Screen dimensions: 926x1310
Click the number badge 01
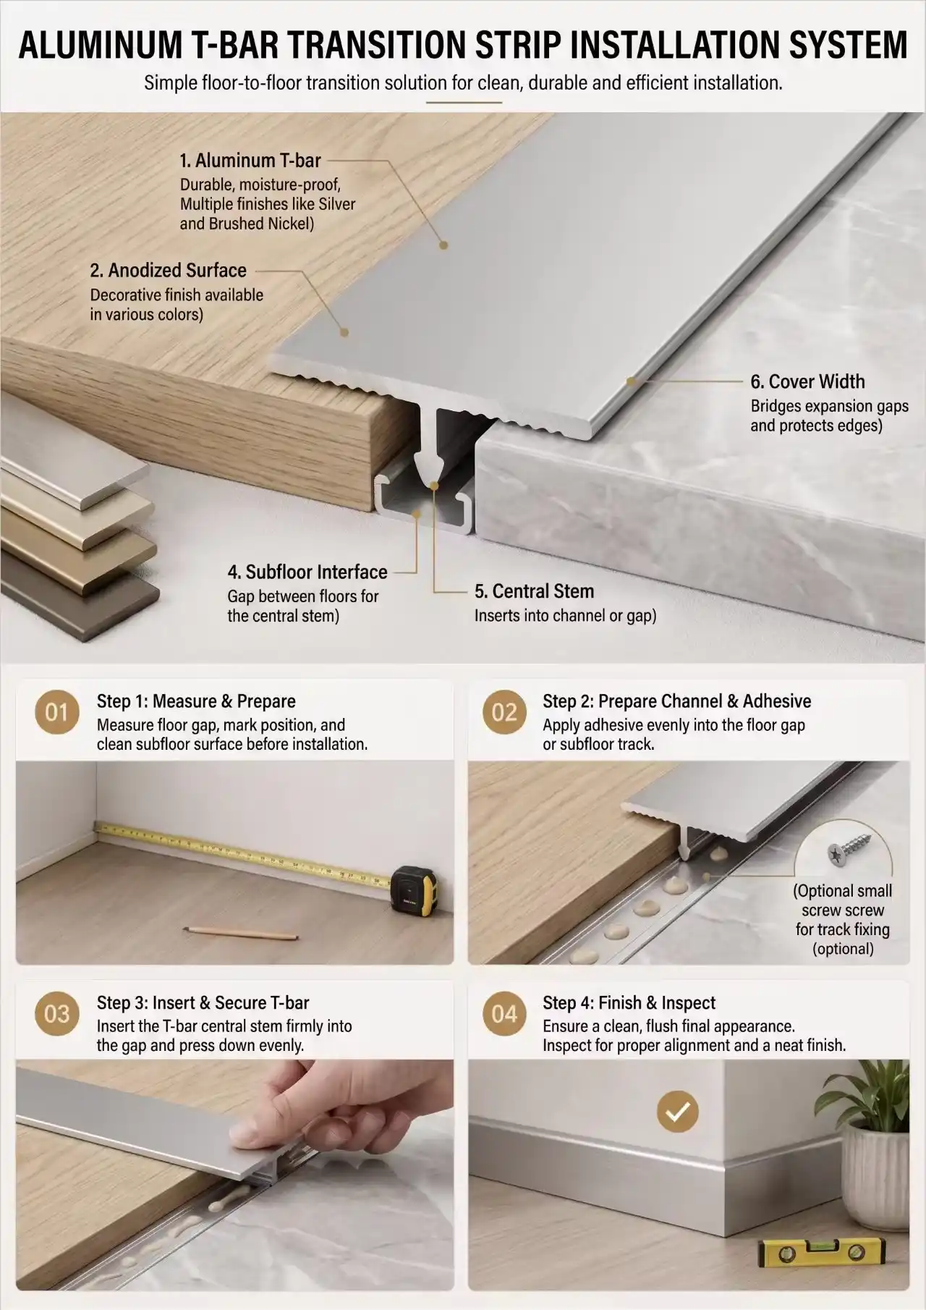(56, 712)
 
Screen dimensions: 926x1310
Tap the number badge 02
(504, 712)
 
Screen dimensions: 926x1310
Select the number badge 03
(56, 1014)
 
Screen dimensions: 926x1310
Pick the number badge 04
(504, 1014)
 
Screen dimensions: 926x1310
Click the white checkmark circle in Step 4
(677, 1111)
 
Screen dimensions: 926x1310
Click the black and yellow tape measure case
(414, 887)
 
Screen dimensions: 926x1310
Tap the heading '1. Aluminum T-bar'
(250, 160)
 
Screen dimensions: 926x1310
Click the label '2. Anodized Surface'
(168, 270)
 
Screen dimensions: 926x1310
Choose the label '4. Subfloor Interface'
(307, 572)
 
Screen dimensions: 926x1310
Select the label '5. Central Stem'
(534, 591)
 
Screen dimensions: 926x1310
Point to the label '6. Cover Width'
(807, 381)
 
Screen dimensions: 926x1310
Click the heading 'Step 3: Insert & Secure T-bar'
(203, 1003)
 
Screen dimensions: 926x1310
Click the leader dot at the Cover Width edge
(630, 379)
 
